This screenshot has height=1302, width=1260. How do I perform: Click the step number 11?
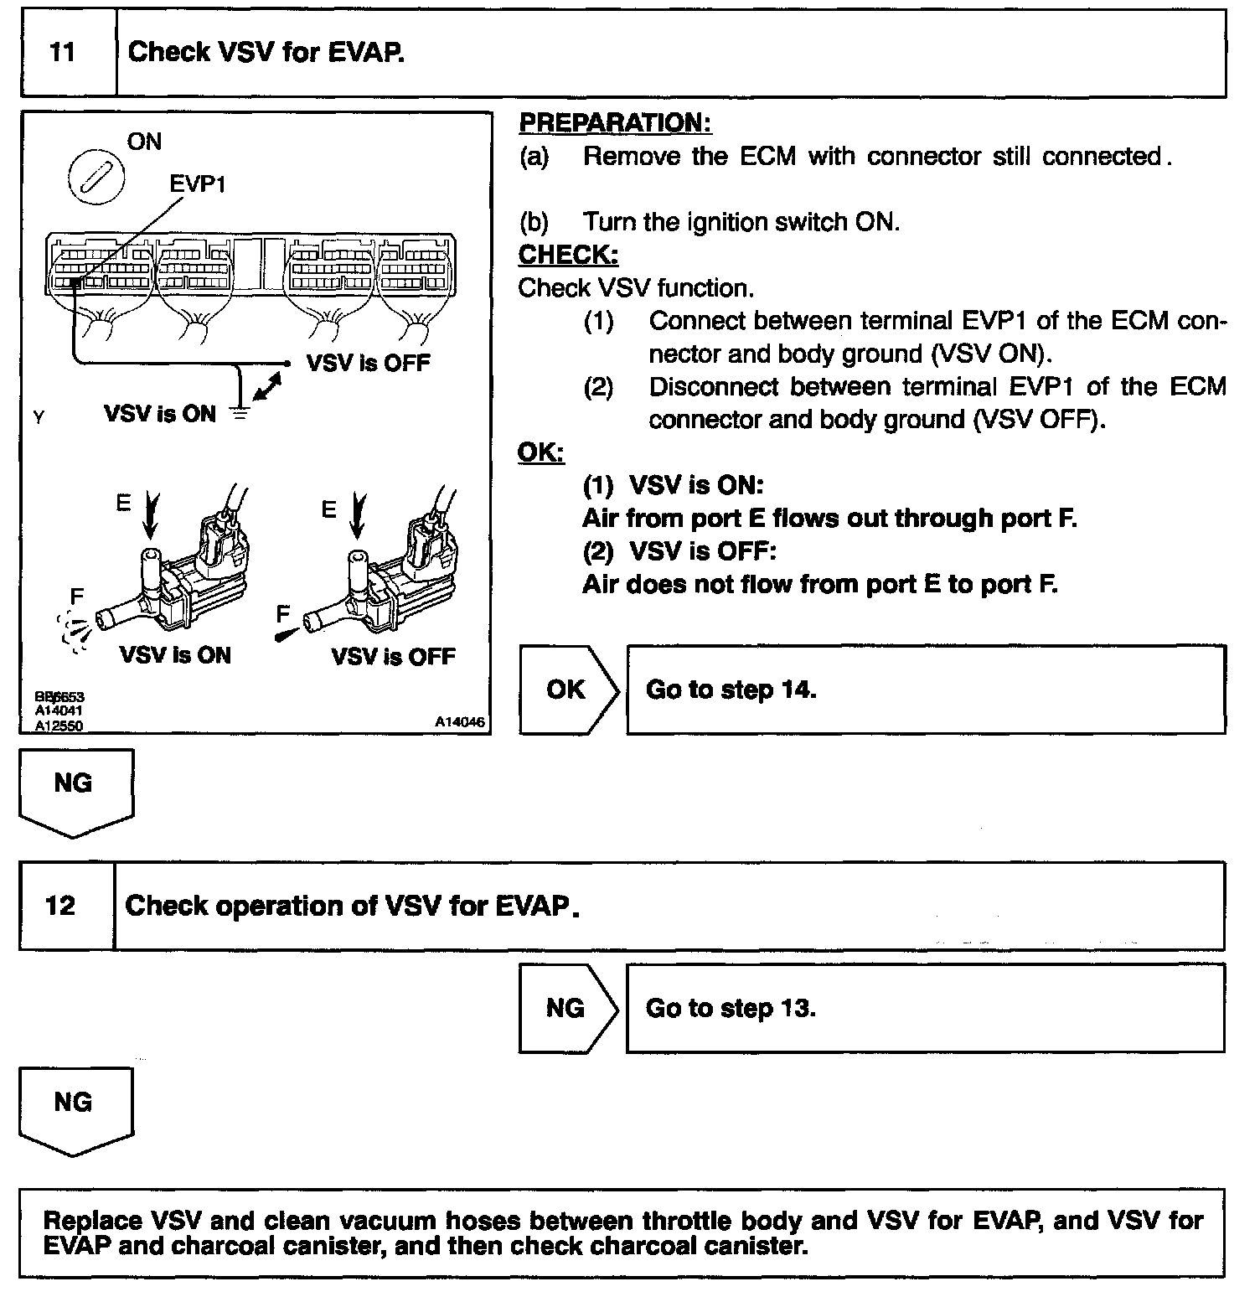coord(62,53)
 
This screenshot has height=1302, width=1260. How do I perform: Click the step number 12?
coord(60,906)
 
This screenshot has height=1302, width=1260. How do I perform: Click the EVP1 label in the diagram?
coord(197,183)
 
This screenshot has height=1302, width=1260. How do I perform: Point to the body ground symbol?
coord(240,412)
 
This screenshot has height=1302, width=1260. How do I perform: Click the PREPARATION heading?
coord(615,123)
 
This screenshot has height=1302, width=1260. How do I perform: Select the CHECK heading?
coord(568,255)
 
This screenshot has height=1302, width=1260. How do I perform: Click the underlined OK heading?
coord(540,452)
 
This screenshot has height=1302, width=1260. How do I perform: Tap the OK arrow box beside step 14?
coord(567,690)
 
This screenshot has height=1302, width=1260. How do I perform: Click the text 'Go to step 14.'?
coord(731,690)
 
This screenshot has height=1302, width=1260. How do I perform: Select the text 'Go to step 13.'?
coord(731,1008)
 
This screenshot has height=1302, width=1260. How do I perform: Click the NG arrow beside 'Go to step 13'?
coord(566,1008)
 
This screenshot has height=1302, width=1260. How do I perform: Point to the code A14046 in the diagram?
coord(459,722)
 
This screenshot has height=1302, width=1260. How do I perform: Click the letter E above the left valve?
coord(123,503)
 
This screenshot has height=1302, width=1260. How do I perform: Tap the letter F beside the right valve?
coord(282,614)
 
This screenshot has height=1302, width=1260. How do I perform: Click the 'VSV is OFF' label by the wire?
coord(368,364)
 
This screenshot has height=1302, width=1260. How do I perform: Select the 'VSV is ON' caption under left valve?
coord(175,655)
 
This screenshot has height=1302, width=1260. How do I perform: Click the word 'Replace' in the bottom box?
coord(92,1221)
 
